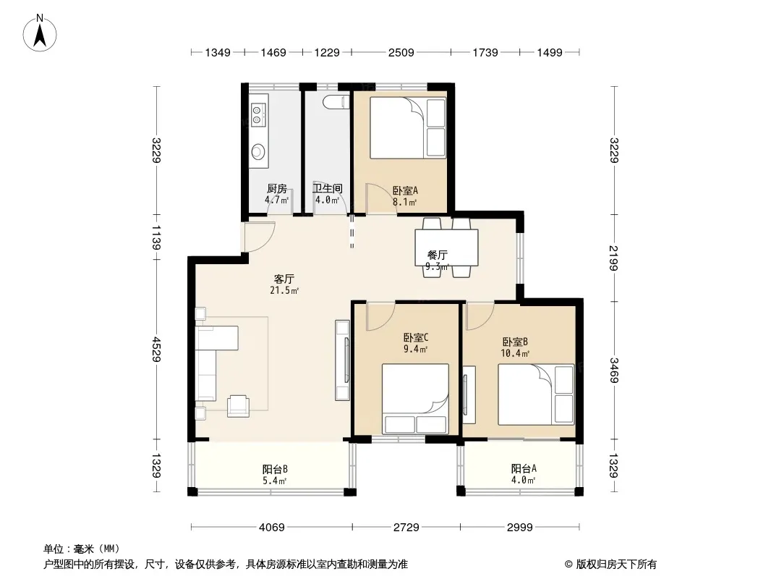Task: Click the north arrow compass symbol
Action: click(40, 33)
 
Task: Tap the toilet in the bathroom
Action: click(336, 101)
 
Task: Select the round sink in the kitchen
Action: click(257, 151)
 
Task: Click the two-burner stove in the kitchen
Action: click(257, 114)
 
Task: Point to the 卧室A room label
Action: click(405, 190)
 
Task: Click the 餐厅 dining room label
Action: click(437, 255)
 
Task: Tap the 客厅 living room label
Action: click(284, 279)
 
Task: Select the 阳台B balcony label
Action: click(274, 469)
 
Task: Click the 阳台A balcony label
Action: click(523, 468)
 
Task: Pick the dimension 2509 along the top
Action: click(401, 52)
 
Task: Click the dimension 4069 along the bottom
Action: click(271, 528)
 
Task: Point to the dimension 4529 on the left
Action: click(156, 350)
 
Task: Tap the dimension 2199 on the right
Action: click(613, 258)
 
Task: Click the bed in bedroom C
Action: click(415, 399)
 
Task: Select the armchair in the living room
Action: click(239, 406)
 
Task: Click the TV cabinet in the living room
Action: click(342, 360)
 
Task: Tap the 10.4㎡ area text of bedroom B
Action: click(515, 353)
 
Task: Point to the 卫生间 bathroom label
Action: click(328, 188)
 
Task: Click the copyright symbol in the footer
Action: click(568, 565)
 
